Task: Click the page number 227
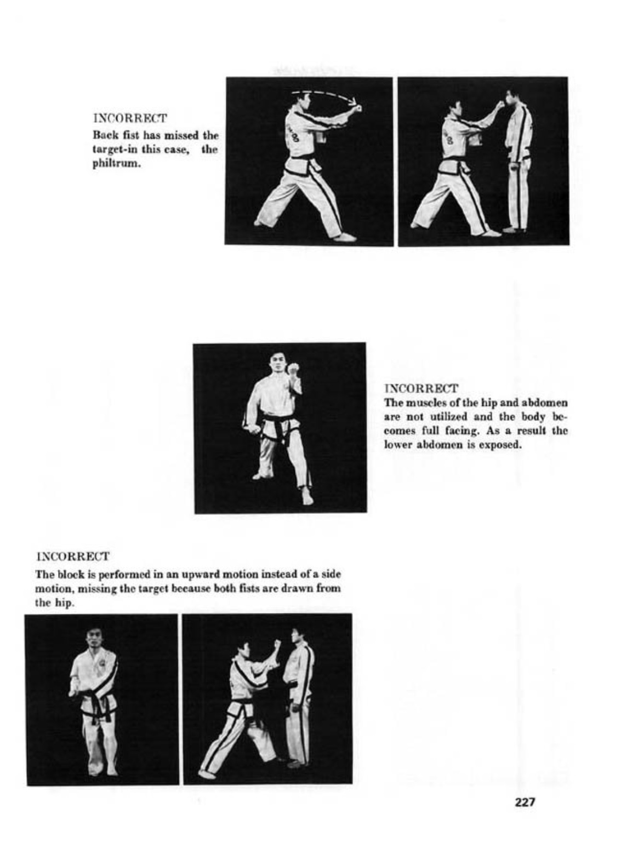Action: [525, 803]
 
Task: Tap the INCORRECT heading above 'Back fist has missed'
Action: [130, 118]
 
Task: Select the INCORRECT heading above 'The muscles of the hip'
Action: [421, 388]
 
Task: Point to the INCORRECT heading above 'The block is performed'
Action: [72, 557]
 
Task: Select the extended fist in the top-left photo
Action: [360, 108]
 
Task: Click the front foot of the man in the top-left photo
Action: [345, 237]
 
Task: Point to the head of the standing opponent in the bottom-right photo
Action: [298, 637]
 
